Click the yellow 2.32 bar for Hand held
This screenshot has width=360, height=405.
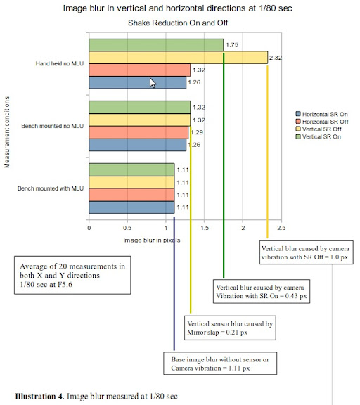178,58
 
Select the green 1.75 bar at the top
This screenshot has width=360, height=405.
156,45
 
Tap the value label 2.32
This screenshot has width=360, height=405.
276,58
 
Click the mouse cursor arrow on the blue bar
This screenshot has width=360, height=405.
153,83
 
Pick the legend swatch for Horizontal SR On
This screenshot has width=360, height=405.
298,114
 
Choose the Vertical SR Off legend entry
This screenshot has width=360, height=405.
319,129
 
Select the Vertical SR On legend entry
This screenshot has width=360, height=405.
319,136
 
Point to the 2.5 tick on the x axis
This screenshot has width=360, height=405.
281,228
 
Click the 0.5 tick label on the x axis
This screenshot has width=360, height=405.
127,228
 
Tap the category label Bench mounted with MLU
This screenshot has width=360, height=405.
51,188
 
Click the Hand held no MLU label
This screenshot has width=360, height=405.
60,63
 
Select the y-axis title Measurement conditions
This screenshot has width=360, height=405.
7,132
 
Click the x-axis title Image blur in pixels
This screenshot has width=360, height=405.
152,240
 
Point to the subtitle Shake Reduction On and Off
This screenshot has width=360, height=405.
178,22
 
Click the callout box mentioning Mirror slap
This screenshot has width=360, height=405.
230,328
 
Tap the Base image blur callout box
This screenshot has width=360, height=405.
220,363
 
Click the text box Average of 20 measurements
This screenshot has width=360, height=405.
72,275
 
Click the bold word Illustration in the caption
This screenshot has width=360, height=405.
39,397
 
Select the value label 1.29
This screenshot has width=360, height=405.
197,132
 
